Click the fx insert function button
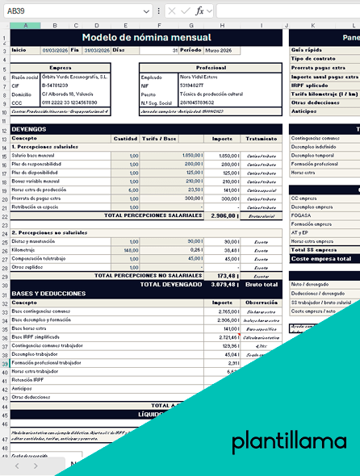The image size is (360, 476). pos(199,10)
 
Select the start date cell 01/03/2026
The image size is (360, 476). pos(48,50)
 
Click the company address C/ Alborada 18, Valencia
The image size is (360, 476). pos(68,94)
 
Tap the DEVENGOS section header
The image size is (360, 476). pos(30,129)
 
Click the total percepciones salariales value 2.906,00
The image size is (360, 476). pos(222,216)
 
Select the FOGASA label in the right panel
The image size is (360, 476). pos(302,215)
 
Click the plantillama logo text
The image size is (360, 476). pos(288,441)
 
